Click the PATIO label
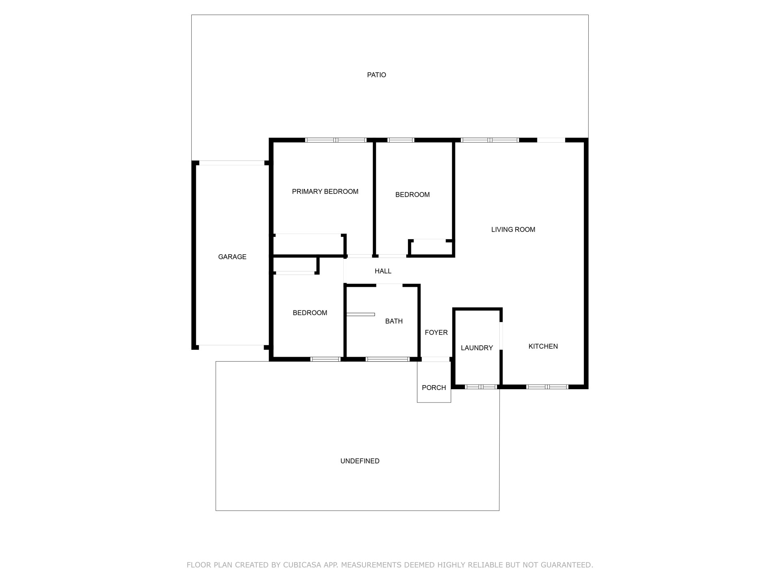point(376,75)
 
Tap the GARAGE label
point(232,257)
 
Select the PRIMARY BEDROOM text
point(325,191)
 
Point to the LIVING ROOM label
point(513,230)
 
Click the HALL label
point(383,271)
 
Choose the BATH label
point(394,321)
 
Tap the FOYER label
point(436,333)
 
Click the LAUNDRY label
point(477,348)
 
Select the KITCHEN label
point(543,346)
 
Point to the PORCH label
point(434,388)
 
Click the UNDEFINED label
point(360,461)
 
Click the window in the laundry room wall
point(481,387)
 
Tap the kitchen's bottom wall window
point(547,387)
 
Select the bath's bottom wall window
point(387,359)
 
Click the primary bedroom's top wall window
point(336,140)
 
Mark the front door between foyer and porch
point(435,359)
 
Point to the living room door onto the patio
point(551,140)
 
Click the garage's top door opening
point(232,163)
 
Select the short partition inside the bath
point(360,314)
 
